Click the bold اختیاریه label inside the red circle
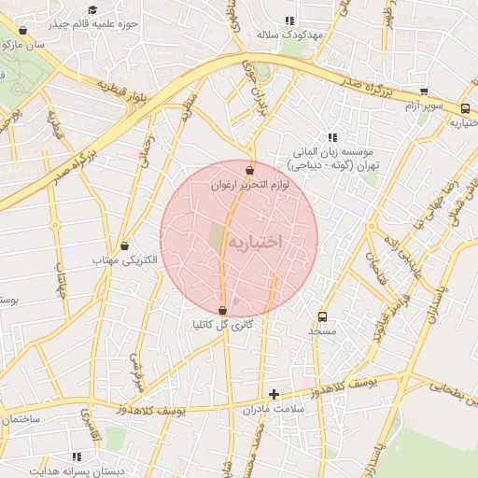[255, 242]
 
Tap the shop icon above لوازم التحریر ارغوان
[249, 171]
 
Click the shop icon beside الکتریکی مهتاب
[125, 246]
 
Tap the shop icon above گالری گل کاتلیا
[222, 311]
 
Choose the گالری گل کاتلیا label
[222, 325]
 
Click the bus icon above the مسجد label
[323, 316]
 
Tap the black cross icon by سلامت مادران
[274, 394]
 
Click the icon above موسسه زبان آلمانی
[331, 137]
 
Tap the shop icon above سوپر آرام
[424, 91]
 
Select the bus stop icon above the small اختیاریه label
[465, 107]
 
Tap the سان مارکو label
[24, 44]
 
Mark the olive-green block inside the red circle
[216, 237]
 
